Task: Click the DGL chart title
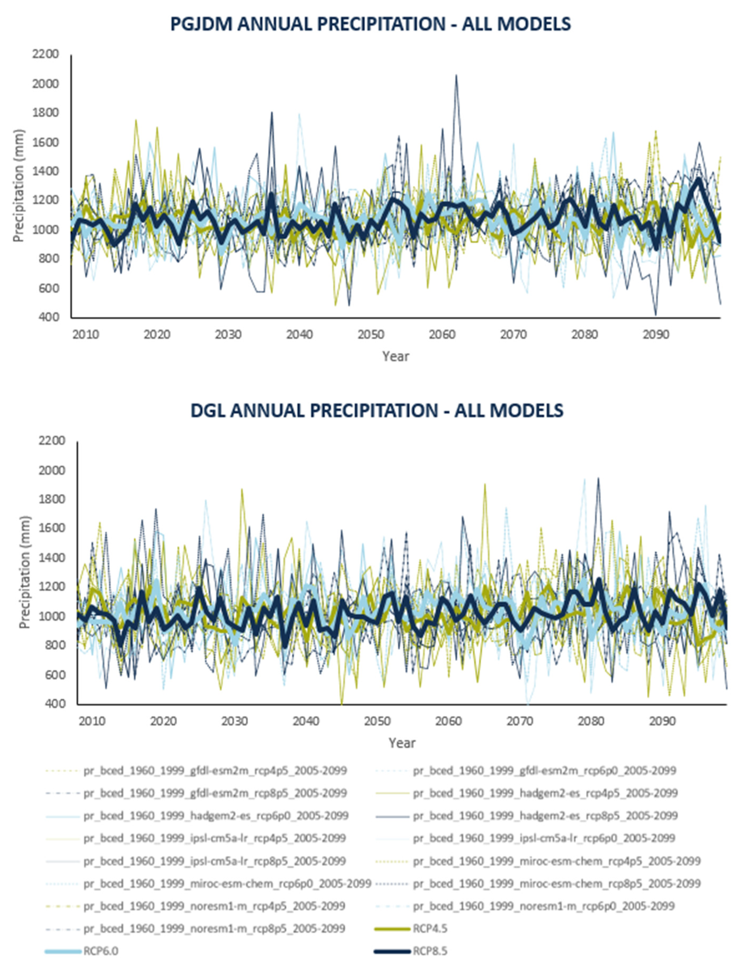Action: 376,410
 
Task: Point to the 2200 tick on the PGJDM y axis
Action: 45,55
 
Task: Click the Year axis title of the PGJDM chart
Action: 396,356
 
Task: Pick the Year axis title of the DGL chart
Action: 402,743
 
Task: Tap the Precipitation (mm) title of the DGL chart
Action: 25,573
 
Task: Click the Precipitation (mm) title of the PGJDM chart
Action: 19,186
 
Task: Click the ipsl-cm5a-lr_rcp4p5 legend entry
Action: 215,838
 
